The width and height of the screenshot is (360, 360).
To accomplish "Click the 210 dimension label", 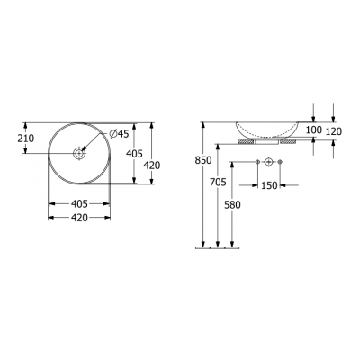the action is pos(26,139).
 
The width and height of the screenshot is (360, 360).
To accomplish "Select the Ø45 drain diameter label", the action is pos(119,134).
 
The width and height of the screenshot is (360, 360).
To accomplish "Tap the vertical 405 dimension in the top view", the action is pos(134,154).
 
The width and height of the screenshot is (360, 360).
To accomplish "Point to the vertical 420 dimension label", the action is pos(152,166).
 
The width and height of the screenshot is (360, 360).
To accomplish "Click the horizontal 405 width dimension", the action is pos(79,204).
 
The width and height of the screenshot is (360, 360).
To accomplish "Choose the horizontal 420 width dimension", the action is pos(79,218).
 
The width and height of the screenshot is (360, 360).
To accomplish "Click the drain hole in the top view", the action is pos(79,153).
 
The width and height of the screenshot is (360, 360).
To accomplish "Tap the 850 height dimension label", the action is pos(203,160).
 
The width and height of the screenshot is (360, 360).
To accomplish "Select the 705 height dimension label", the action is pos(218,182).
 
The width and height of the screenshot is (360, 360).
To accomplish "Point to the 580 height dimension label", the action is pos(232,205).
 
